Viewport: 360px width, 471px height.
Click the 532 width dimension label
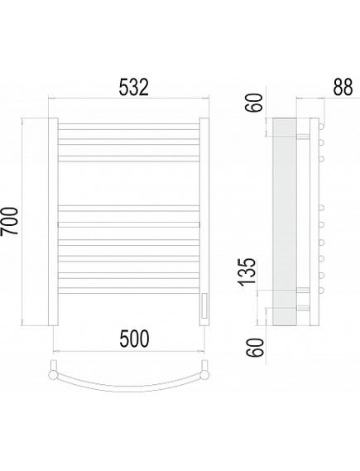coord(134,87)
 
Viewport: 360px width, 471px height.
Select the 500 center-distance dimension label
coord(134,339)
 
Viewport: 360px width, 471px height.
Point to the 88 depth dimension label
coord(343,87)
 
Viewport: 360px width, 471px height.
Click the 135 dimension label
coord(247,271)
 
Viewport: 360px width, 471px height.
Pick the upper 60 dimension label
coord(254,103)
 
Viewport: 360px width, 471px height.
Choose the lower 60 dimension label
coord(255,347)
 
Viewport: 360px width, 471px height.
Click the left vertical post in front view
coord(53,222)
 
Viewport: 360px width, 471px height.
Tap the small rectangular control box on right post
coord(204,305)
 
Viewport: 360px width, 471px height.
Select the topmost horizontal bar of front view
coord(128,127)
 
